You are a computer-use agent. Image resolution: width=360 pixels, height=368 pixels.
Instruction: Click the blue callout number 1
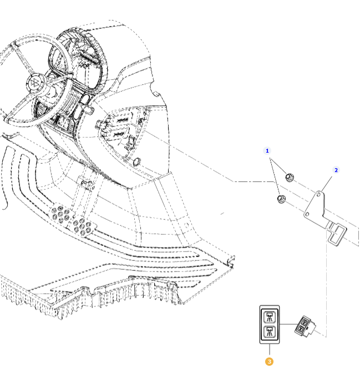[x=267, y=150]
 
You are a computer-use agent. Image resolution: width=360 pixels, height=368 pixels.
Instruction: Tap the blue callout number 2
[x=336, y=170]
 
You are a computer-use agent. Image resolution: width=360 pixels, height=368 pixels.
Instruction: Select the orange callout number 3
[x=269, y=362]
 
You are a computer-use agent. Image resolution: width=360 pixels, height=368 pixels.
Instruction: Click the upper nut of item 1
[x=290, y=177]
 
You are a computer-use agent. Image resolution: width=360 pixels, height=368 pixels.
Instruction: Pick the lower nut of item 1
[x=281, y=199]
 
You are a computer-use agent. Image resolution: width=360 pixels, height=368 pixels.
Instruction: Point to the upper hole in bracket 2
[x=318, y=195]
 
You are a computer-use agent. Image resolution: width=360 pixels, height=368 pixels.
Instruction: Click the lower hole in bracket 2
[x=307, y=214]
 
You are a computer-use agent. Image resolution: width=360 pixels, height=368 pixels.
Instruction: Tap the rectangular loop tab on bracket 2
[x=337, y=234]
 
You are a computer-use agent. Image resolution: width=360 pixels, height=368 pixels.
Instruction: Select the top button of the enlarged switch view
[x=270, y=317]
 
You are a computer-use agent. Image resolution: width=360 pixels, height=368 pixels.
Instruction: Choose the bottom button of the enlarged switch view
[x=270, y=332]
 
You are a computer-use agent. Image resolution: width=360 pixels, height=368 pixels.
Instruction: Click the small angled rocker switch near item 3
[x=305, y=326]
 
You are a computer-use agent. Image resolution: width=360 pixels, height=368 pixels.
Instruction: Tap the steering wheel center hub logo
[x=36, y=83]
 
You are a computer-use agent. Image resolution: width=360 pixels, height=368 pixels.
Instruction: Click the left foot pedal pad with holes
[x=60, y=214]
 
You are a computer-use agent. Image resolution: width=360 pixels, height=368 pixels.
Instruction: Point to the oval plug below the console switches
[x=136, y=162]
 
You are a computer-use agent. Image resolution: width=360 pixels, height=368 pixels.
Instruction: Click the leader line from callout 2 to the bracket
[x=327, y=184]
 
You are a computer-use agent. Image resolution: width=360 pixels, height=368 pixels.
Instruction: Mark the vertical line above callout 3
[x=270, y=350]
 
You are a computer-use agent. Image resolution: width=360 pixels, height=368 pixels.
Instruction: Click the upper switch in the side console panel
[x=121, y=120]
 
